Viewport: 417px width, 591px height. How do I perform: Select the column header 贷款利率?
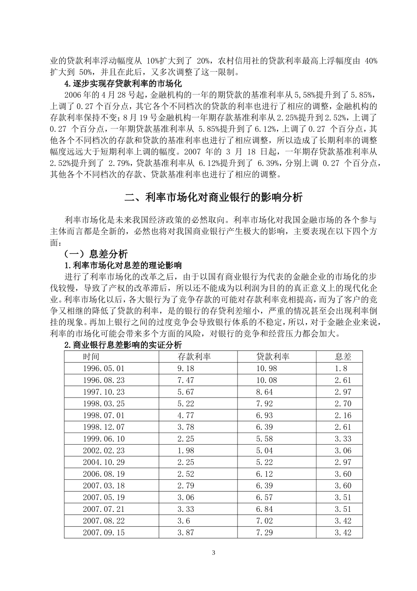click(273, 356)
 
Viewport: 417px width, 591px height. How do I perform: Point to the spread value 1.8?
click(340, 368)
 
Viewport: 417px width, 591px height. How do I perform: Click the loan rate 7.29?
click(265, 533)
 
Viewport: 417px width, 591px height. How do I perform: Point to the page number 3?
click(213, 552)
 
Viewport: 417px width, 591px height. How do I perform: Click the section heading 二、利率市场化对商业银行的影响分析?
click(213, 197)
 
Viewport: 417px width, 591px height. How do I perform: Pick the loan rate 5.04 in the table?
click(265, 450)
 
